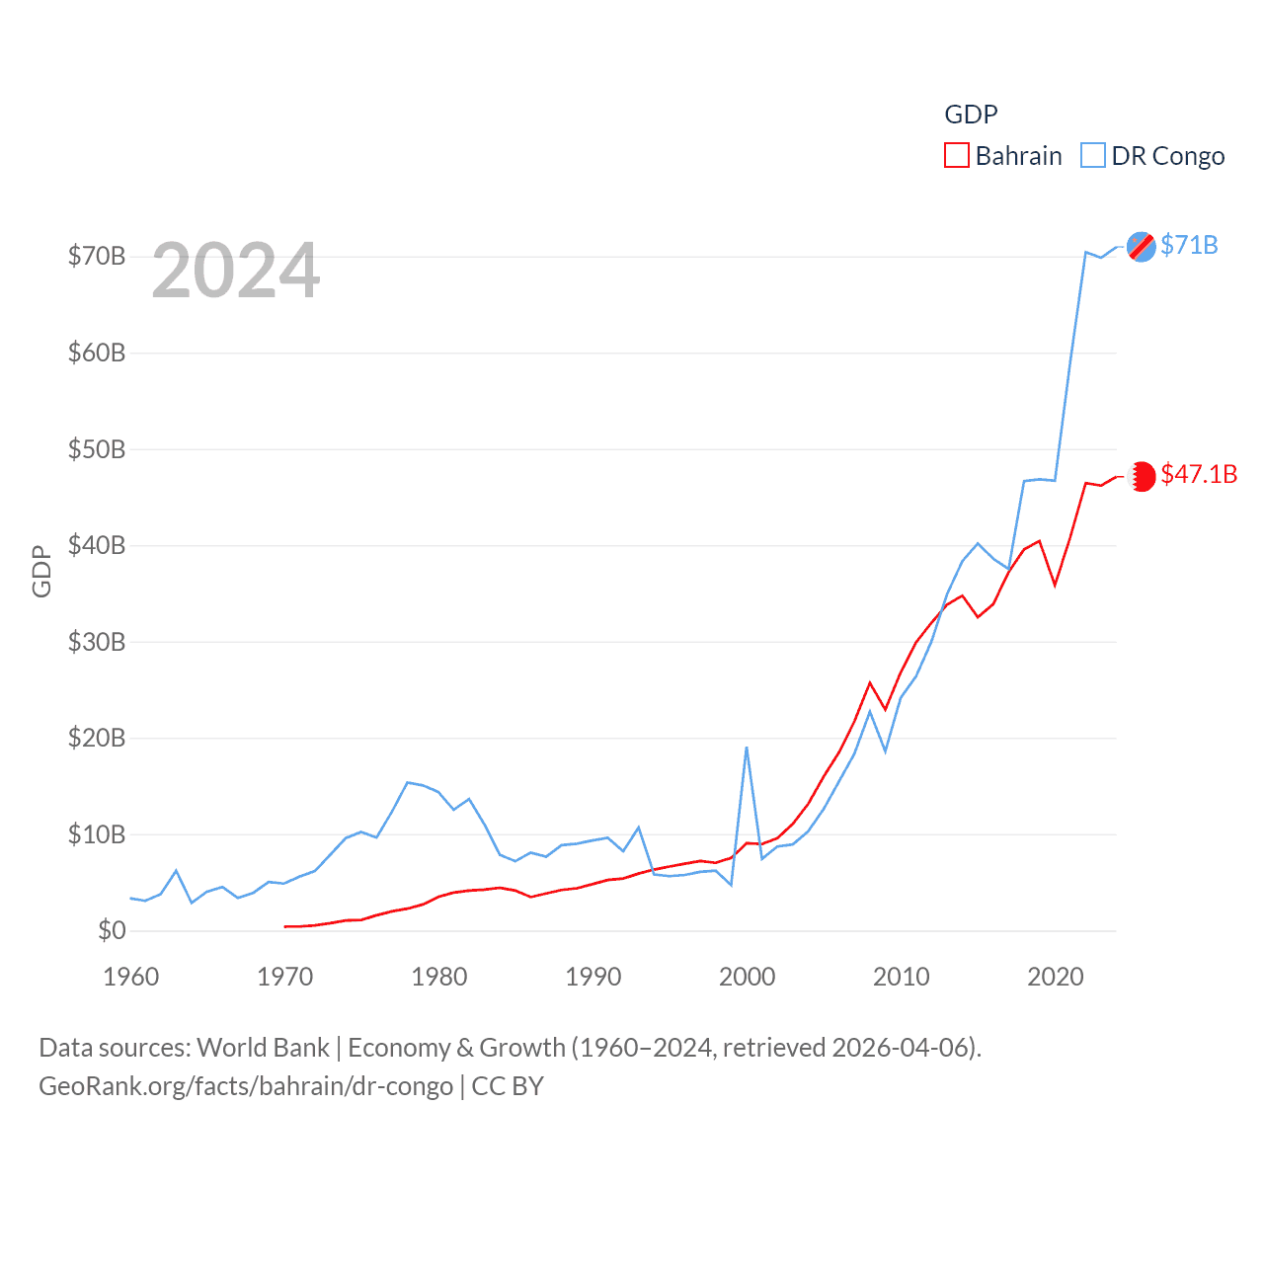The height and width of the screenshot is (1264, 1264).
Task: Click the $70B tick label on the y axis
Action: tap(96, 257)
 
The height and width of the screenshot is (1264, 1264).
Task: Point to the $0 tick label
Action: tap(112, 930)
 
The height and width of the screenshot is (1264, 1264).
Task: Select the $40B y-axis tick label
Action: tap(96, 545)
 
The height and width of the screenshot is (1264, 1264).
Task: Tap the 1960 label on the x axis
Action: tap(130, 977)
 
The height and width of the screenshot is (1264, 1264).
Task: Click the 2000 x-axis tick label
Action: tap(747, 977)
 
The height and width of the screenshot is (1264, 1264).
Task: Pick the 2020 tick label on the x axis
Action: tap(1055, 977)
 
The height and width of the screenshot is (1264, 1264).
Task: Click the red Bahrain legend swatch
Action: tap(956, 156)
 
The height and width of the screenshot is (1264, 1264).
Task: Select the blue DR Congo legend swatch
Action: tap(1092, 156)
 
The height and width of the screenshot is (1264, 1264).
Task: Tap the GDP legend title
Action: tap(971, 115)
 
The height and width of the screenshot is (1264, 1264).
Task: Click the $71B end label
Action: tap(1189, 245)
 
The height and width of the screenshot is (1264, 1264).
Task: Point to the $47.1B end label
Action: tap(1199, 474)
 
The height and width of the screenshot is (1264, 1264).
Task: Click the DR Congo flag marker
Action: tap(1142, 246)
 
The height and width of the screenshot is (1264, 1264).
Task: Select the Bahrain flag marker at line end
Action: tap(1142, 476)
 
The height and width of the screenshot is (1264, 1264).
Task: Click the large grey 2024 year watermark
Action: tap(236, 271)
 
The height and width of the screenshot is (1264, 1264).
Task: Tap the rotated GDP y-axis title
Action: tap(41, 571)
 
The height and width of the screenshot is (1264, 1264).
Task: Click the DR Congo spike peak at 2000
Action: tap(747, 748)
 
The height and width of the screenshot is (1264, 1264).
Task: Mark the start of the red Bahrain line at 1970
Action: tap(285, 926)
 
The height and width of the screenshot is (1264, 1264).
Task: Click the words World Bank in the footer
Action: tap(263, 1047)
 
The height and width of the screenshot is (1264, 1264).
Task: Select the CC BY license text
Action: tap(508, 1086)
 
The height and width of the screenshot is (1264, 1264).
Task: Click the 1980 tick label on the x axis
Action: tap(438, 977)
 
